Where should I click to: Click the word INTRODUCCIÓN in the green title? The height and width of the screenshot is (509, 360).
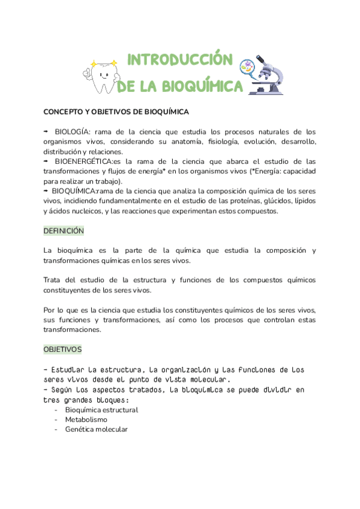180,60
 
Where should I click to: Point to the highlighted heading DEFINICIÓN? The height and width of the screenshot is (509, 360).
64,230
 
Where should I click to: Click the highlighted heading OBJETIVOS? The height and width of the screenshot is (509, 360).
62,349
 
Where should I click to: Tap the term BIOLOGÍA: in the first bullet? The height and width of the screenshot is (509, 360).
74,131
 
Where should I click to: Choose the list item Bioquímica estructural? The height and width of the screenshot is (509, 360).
101,410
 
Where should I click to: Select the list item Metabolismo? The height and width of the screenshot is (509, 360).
86,420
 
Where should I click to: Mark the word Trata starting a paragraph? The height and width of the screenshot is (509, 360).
53,280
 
